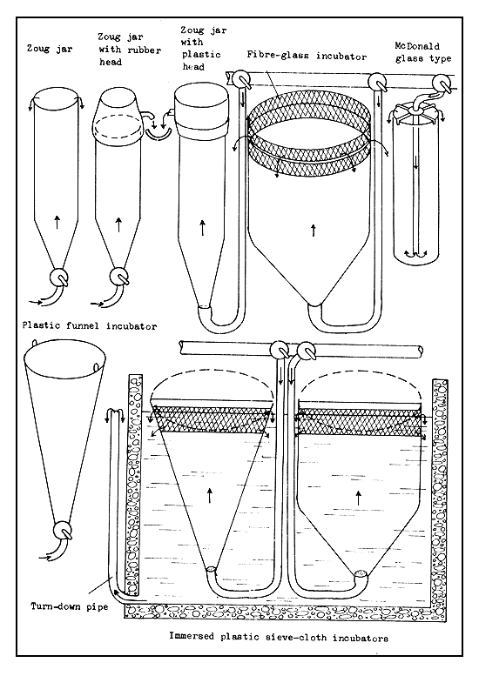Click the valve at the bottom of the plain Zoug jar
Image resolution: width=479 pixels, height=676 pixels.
point(59,276)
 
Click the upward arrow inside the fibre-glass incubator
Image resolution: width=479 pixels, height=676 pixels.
point(311,230)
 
